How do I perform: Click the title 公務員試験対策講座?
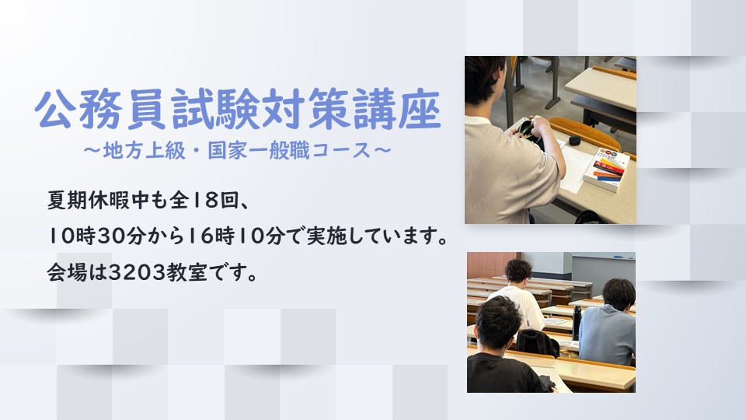click(238, 109)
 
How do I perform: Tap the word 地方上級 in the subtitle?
click(145, 152)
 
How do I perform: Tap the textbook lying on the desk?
click(606, 170)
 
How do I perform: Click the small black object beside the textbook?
click(574, 140)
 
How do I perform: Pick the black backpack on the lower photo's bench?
click(537, 342)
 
